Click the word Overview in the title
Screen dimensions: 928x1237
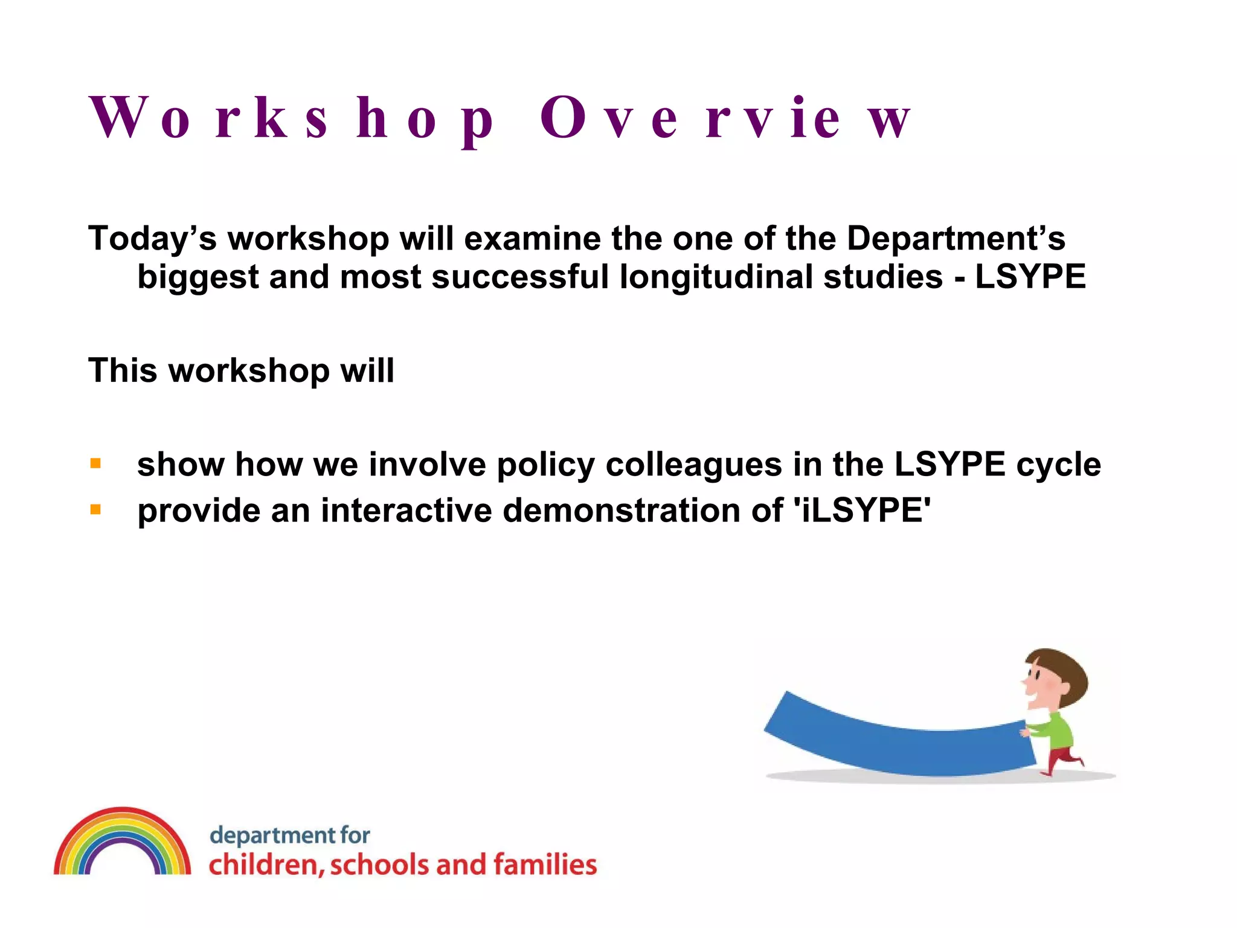tap(725, 118)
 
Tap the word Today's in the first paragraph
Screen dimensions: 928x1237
tap(152, 239)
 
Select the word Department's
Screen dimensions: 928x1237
tap(956, 239)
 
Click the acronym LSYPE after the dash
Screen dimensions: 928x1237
tap(1030, 277)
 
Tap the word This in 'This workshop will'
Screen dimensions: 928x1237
tap(123, 370)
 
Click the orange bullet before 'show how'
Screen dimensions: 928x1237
tap(95, 464)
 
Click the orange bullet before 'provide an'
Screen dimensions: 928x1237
tap(95, 510)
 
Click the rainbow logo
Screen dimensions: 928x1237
tap(123, 843)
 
